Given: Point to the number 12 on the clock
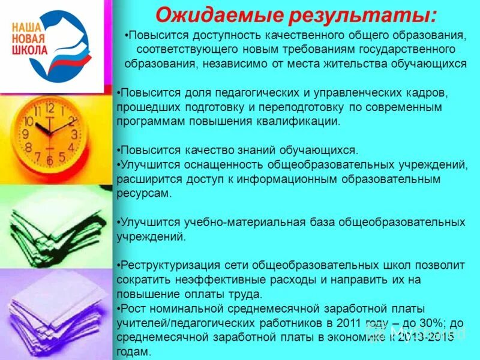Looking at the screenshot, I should click(x=49, y=109).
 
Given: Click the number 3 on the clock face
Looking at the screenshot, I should click(x=74, y=134).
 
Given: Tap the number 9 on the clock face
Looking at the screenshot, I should click(x=25, y=134).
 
